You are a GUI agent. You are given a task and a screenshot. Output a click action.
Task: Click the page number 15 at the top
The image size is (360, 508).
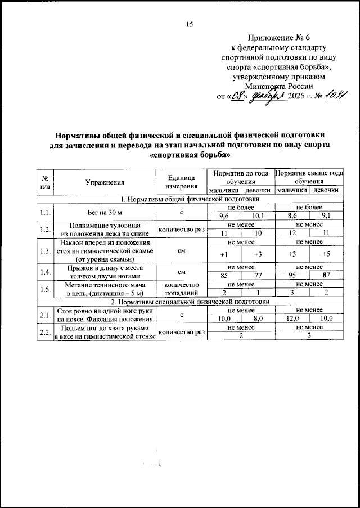(189, 24)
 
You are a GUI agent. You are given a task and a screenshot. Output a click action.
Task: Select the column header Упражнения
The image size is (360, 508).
(104, 182)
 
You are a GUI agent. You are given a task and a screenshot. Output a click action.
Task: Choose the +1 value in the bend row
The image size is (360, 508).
(224, 254)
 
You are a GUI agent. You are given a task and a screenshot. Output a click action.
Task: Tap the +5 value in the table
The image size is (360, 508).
(326, 254)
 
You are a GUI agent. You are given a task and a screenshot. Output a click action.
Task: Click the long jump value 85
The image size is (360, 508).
(224, 276)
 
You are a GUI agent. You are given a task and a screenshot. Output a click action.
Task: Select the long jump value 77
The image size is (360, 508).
(258, 276)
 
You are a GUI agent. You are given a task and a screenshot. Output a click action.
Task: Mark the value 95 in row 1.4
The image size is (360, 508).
(292, 276)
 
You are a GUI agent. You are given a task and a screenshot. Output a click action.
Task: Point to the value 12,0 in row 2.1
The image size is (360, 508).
(292, 318)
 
